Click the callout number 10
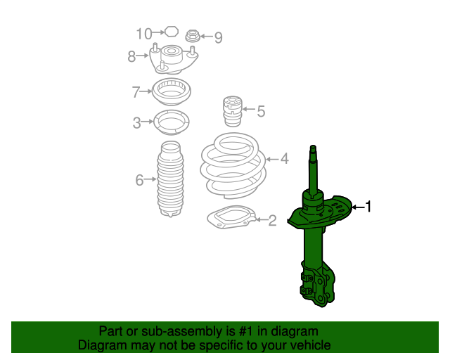click(143, 34)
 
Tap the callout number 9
click(219, 37)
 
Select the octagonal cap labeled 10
click(172, 32)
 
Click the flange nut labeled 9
click(193, 36)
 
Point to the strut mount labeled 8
click(174, 59)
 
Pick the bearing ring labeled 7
click(171, 91)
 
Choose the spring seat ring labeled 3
click(172, 122)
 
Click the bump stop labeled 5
click(233, 111)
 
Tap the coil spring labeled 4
click(233, 166)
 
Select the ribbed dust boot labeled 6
click(170, 179)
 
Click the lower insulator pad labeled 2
click(231, 217)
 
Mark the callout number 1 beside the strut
click(368, 207)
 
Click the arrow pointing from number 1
click(358, 207)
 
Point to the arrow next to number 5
click(248, 109)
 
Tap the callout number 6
click(139, 180)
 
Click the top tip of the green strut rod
click(313, 146)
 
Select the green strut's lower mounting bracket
click(318, 283)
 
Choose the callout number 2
click(272, 221)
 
